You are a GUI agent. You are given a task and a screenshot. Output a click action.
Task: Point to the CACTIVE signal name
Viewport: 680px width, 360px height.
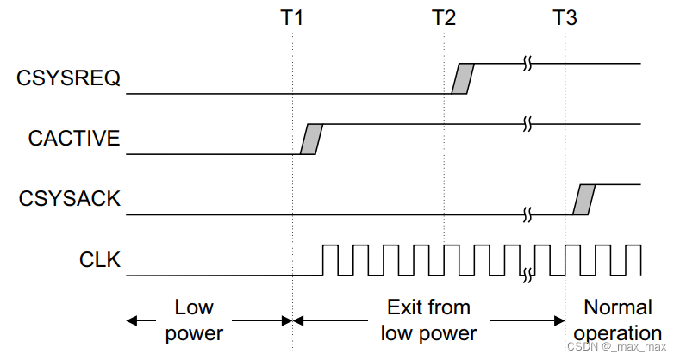(73, 139)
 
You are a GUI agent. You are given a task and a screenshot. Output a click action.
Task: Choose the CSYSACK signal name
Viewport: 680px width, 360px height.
(70, 199)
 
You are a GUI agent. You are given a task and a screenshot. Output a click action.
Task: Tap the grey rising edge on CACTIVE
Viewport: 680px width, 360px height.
(311, 140)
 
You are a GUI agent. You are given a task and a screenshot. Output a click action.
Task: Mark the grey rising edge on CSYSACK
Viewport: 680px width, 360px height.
(584, 199)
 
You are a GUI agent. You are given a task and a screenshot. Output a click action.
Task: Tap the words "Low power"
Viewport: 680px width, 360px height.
(194, 320)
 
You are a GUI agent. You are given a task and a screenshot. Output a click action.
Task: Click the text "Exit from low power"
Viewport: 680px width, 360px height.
(428, 320)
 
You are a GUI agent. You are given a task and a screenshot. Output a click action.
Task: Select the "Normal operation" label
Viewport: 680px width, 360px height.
(618, 320)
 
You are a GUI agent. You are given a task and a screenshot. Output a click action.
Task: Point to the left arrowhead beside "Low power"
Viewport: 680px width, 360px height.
(131, 320)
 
